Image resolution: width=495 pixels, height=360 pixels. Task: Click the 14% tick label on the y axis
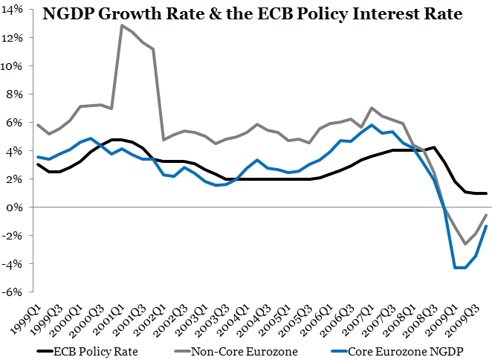click(x=16, y=10)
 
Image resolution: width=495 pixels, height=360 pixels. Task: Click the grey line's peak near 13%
click(x=122, y=25)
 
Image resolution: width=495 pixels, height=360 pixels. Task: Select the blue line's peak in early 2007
click(x=372, y=125)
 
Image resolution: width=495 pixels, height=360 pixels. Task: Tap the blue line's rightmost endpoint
click(x=487, y=226)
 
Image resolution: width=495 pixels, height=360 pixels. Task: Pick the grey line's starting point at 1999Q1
click(x=38, y=125)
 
